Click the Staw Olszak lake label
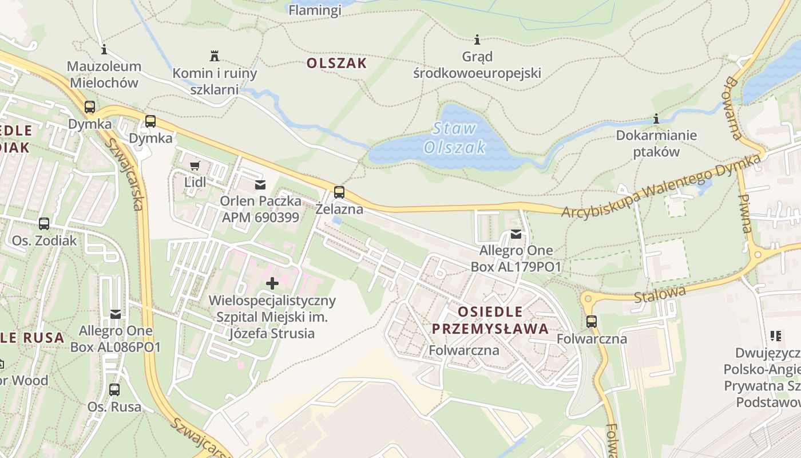point(455,138)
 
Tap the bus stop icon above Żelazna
point(339,192)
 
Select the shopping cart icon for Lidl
point(195,165)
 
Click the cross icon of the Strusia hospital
point(272,283)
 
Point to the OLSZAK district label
point(336,63)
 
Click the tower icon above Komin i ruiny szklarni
point(215,56)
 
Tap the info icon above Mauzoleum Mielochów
point(104,49)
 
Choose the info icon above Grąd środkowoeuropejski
point(477,40)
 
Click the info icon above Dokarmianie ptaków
point(656,119)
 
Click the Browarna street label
point(735,108)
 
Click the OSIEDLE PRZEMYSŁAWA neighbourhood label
point(490,320)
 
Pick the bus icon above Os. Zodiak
point(44,224)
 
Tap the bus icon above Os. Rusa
point(114,390)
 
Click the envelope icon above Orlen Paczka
point(260,184)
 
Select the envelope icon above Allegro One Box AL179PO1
point(516,234)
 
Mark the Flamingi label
point(315,10)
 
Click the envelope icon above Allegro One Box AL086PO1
point(116,314)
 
